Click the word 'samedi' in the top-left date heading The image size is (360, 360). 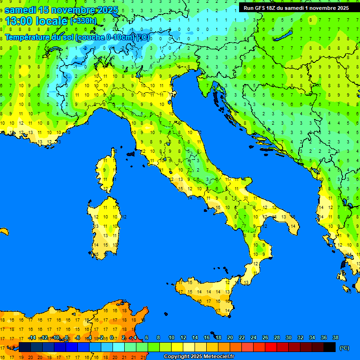(x=20, y=10)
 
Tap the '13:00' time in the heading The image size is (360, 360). (x=18, y=21)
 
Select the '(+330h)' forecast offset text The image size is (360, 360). (x=83, y=21)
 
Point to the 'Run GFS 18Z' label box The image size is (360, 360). (x=296, y=8)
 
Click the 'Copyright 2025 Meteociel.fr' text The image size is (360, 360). (x=199, y=357)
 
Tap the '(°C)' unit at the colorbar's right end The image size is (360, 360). (x=344, y=347)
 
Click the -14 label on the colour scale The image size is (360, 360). (x=32, y=337)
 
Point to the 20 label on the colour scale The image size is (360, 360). (x=230, y=337)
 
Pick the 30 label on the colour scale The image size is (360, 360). (x=288, y=337)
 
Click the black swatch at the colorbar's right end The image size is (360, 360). (x=330, y=347)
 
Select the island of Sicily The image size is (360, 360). (x=206, y=293)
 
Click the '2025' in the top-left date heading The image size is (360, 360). (x=106, y=10)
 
